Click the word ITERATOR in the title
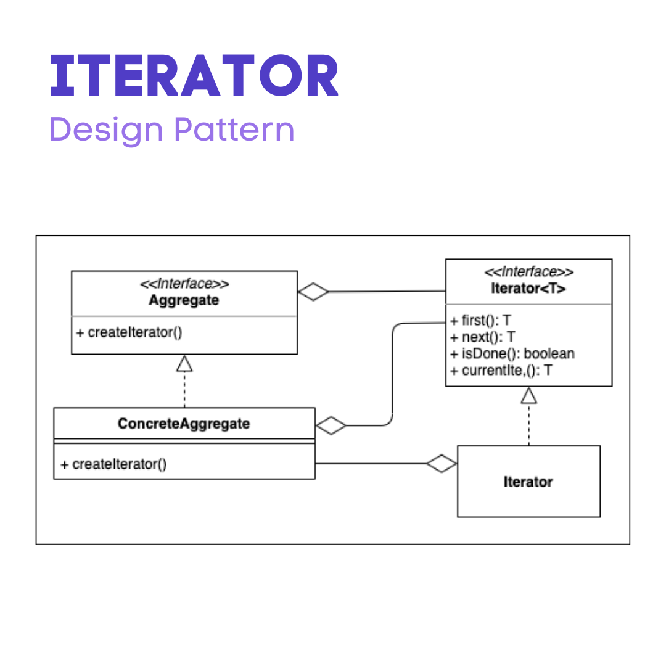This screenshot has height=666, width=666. [194, 76]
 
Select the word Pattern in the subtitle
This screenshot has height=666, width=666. [234, 129]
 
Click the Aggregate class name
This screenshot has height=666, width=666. [184, 300]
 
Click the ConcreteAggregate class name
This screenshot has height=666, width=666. [184, 424]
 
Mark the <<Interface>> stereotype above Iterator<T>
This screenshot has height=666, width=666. [529, 272]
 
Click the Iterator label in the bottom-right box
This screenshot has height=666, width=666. [528, 482]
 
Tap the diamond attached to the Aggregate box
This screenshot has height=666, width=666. [313, 292]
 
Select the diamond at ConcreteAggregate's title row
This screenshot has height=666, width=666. [331, 425]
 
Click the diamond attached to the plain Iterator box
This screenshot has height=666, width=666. [442, 464]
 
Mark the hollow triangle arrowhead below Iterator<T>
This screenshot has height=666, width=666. [528, 395]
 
